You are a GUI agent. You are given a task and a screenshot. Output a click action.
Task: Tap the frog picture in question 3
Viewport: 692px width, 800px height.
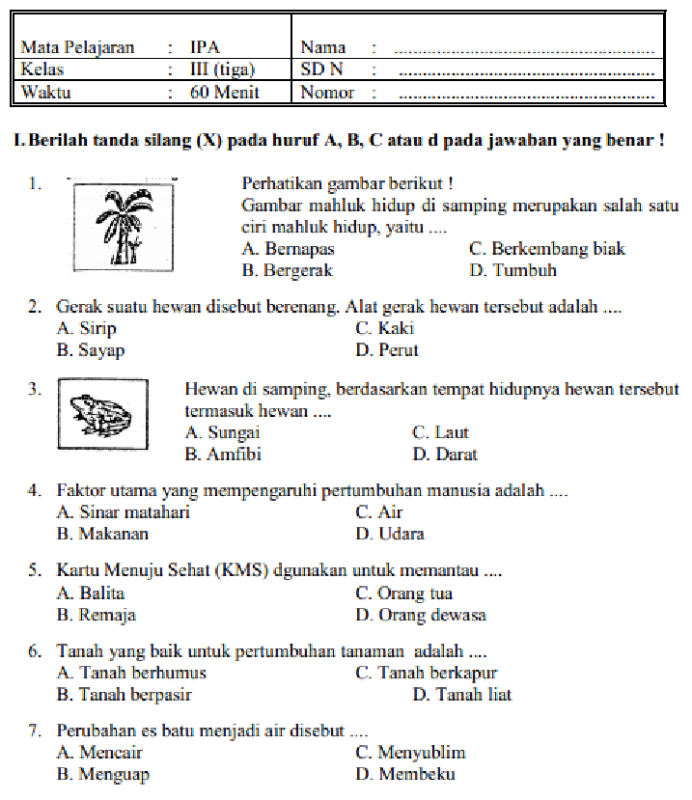click(x=103, y=412)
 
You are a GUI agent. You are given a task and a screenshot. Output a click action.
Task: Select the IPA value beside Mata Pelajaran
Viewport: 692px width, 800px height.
click(x=205, y=46)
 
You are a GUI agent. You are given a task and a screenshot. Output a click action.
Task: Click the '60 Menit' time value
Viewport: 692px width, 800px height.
click(x=224, y=93)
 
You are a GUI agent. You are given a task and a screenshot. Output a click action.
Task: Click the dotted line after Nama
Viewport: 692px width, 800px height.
click(x=527, y=49)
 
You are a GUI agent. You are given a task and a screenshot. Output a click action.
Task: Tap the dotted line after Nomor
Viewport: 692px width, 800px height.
click(x=527, y=96)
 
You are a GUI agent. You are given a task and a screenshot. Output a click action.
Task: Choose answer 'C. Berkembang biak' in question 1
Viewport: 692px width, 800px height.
click(x=546, y=249)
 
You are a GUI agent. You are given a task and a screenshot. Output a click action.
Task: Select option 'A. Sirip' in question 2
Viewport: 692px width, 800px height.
click(x=86, y=328)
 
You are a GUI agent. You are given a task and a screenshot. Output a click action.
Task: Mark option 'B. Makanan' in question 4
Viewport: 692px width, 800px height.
click(x=102, y=533)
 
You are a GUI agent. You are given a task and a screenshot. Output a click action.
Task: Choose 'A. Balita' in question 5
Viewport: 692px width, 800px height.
click(x=91, y=593)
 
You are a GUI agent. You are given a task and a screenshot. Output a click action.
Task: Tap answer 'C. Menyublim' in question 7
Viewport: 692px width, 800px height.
click(x=410, y=753)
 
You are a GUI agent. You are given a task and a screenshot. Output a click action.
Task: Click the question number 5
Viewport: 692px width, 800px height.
click(x=34, y=570)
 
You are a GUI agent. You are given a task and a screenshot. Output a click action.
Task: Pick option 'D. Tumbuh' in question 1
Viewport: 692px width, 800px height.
click(x=512, y=270)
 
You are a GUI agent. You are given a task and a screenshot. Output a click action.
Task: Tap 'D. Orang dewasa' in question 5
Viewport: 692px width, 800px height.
click(x=420, y=615)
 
